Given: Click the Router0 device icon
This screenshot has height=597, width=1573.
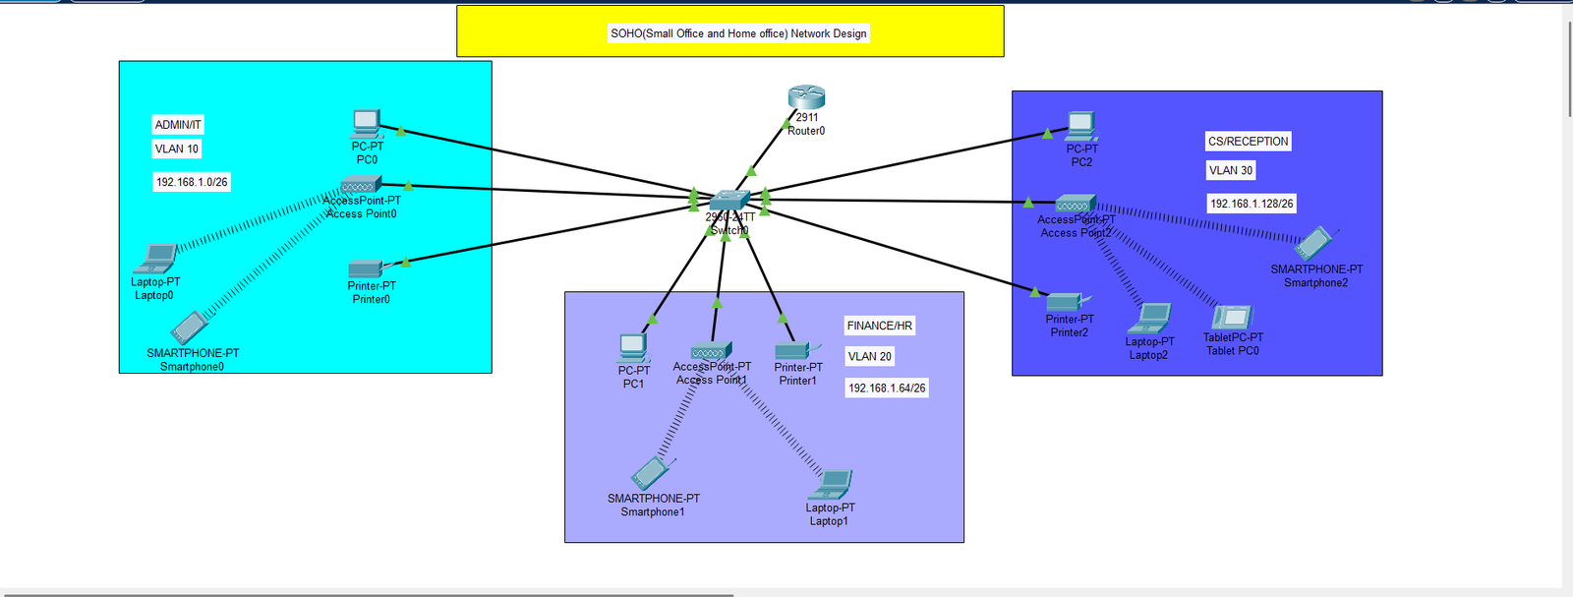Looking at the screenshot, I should [806, 97].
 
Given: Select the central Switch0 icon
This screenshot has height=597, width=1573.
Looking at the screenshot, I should [728, 200].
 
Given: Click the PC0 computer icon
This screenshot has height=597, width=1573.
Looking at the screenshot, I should [367, 124].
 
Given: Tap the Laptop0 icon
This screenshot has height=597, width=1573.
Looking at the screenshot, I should [156, 259].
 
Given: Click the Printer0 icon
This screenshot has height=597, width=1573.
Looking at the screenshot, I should [366, 268].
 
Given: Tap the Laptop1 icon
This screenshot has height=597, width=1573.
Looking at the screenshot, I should [832, 485].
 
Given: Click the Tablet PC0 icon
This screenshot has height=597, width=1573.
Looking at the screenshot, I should [1232, 317].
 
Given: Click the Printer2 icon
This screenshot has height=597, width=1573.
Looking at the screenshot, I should [1066, 302].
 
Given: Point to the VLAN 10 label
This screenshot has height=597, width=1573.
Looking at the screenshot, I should [177, 149].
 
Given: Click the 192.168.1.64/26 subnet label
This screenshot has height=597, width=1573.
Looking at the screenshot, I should [887, 388].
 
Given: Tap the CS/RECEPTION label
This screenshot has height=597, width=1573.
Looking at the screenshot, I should [1248, 142].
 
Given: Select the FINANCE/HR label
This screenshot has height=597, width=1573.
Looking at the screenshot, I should [879, 326].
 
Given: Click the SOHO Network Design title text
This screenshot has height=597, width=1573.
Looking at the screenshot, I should [738, 33].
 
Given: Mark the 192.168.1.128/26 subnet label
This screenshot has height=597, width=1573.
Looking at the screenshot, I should [1252, 204].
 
